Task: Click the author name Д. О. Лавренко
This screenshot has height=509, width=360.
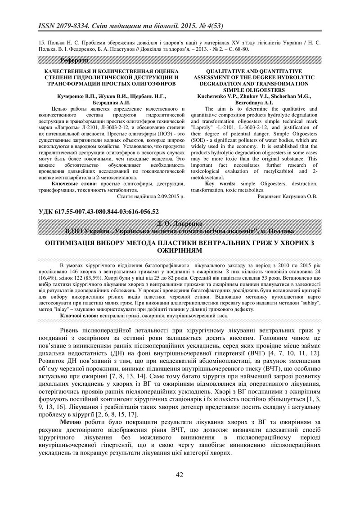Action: (180, 223)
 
